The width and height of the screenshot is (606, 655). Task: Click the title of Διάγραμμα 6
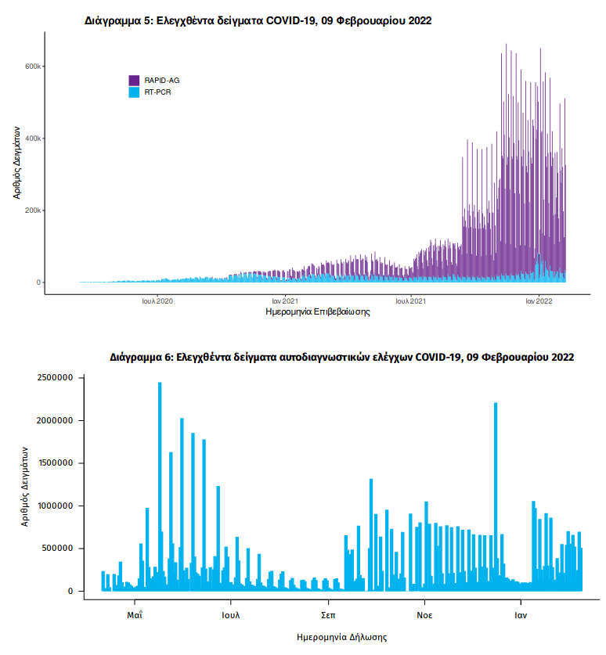342,357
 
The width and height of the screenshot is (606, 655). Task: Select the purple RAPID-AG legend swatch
134,80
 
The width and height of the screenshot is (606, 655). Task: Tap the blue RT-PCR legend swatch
134,92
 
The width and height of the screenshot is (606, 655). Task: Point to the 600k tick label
32,67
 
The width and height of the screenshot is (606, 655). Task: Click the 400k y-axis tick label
32,139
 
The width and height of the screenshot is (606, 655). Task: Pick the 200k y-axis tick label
32,211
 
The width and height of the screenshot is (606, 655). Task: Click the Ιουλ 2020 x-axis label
157,300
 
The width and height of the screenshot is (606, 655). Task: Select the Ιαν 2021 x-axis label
284,300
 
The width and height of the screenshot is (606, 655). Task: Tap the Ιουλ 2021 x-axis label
410,300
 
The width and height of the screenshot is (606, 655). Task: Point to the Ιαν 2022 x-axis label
539,300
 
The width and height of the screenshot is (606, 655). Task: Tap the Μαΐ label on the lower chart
135,615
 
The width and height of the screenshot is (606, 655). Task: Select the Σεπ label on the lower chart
328,615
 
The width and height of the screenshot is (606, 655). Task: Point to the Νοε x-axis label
424,615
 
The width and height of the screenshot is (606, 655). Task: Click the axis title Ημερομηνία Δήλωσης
342,637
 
